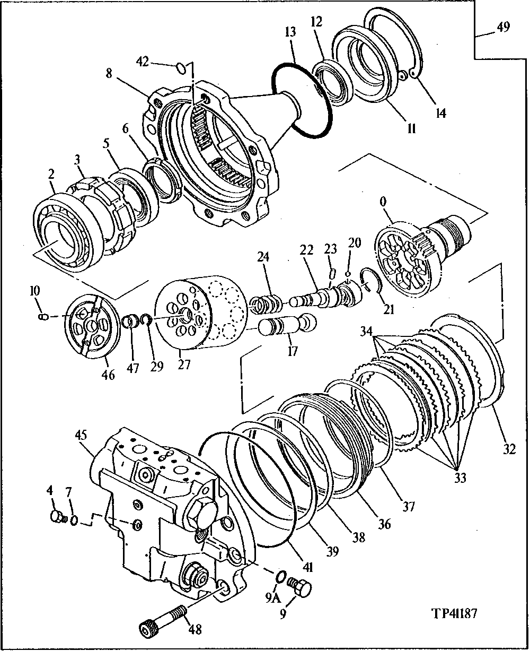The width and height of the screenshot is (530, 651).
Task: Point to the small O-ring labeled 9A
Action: (x=281, y=576)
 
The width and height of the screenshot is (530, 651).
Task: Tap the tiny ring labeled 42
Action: (x=181, y=67)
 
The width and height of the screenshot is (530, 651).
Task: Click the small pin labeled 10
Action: (x=44, y=317)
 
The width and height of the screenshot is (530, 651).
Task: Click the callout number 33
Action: (x=460, y=479)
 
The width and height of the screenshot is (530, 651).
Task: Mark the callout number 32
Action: (x=508, y=450)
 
